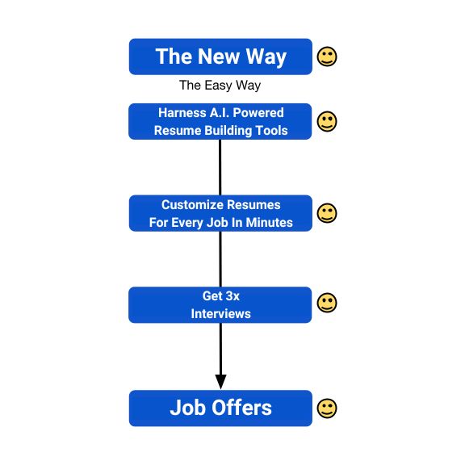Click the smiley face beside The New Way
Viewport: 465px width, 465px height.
pyautogui.click(x=327, y=57)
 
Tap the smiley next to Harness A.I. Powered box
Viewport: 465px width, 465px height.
pyautogui.click(x=327, y=121)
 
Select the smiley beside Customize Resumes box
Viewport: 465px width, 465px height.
pyautogui.click(x=327, y=213)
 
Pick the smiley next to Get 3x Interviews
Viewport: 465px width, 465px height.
pyautogui.click(x=327, y=303)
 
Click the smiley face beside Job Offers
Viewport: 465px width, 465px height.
pyautogui.click(x=327, y=408)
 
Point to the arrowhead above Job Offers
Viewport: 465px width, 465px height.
pyautogui.click(x=220, y=382)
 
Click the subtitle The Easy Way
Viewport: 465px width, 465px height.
pyautogui.click(x=220, y=86)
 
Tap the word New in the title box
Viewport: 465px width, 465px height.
pyautogui.click(x=218, y=57)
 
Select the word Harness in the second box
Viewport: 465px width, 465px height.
pyautogui.click(x=182, y=113)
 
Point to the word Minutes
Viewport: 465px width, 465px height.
pyautogui.click(x=270, y=223)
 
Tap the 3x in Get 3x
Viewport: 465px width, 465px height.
pyautogui.click(x=232, y=296)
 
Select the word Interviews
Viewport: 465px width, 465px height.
pyautogui.click(x=221, y=314)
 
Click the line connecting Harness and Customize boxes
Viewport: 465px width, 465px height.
pyautogui.click(x=220, y=167)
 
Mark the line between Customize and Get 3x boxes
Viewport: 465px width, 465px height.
pyautogui.click(x=220, y=259)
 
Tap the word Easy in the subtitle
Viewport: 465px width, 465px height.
pyautogui.click(x=218, y=86)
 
